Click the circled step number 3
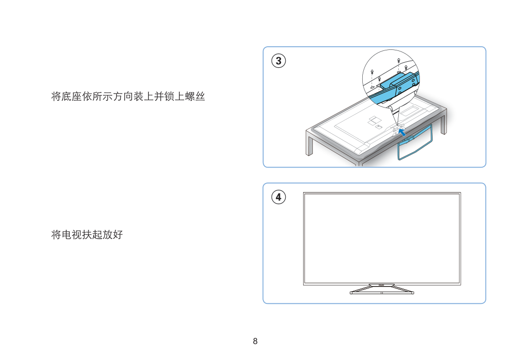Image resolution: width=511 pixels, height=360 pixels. pyautogui.click(x=278, y=61)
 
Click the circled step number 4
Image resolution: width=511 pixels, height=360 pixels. pyautogui.click(x=278, y=197)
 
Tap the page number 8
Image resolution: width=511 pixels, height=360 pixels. pyautogui.click(x=255, y=341)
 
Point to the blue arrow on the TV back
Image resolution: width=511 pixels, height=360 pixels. pyautogui.click(x=402, y=132)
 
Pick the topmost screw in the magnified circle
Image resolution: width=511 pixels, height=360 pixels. pyautogui.click(x=398, y=60)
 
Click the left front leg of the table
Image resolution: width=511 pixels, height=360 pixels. pyautogui.click(x=309, y=143)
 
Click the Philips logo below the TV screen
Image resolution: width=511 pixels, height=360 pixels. pyautogui.click(x=382, y=285)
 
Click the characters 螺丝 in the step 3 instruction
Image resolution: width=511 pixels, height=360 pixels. pyautogui.click(x=195, y=97)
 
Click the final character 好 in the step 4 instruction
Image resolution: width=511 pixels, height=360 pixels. pyautogui.click(x=118, y=235)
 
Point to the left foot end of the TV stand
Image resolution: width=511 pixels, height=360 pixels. pyautogui.click(x=351, y=293)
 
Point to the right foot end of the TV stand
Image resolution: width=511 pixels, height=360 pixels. pyautogui.click(x=412, y=293)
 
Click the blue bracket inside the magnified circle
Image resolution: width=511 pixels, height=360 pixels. pyautogui.click(x=399, y=84)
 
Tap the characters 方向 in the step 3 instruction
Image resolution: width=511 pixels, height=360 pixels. pyautogui.click(x=123, y=97)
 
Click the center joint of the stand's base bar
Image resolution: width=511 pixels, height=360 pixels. pyautogui.click(x=382, y=293)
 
